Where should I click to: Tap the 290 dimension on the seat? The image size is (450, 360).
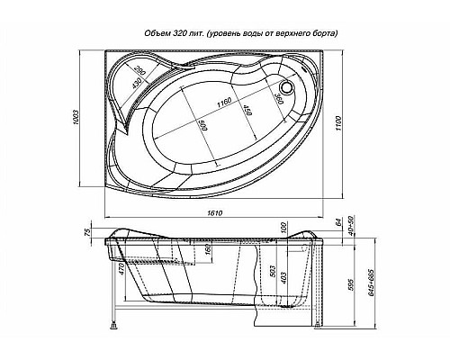click(140, 73)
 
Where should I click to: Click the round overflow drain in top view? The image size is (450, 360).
click(288, 87)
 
